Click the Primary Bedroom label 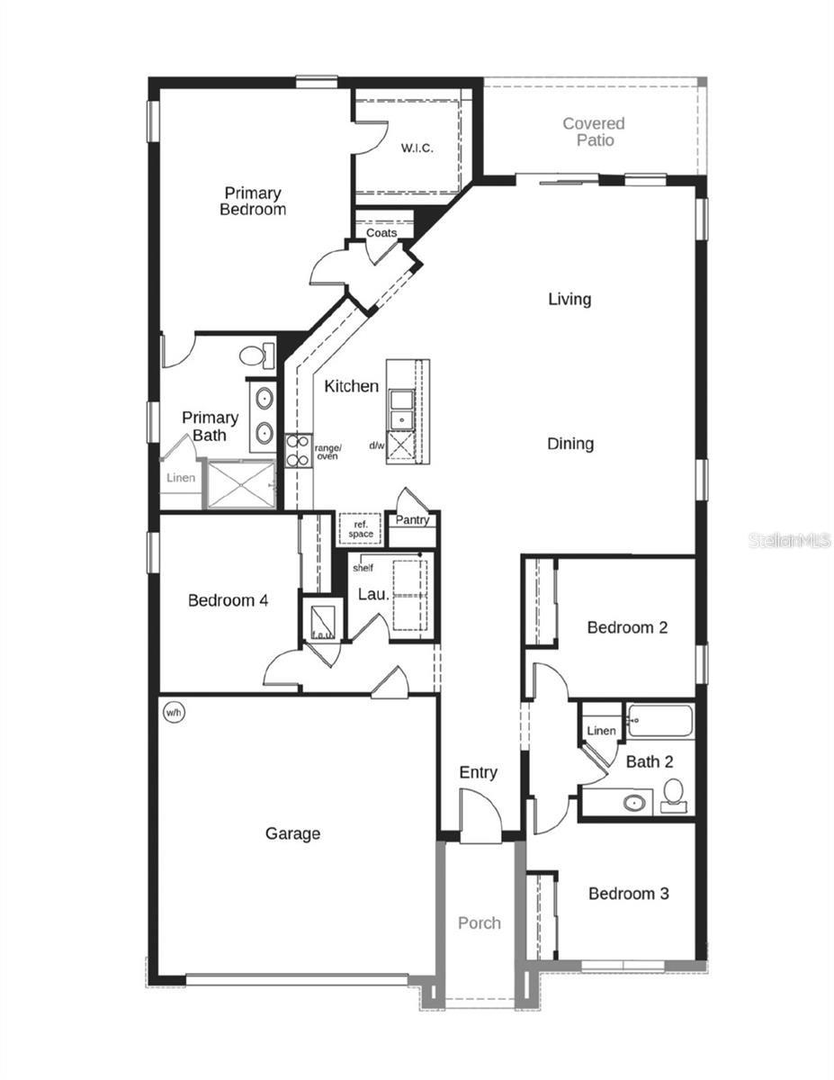(253, 202)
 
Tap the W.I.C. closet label (417, 148)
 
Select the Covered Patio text (594, 131)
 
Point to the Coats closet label (381, 233)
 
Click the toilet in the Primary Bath (255, 355)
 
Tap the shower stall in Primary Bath (240, 484)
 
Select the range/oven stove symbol (298, 450)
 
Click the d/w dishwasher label (377, 445)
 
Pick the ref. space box (361, 529)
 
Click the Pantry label (413, 520)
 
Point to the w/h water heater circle (173, 712)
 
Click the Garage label (292, 834)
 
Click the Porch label (480, 923)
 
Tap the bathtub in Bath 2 (660, 722)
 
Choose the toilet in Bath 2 (673, 794)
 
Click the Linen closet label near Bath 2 (601, 731)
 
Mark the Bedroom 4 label (228, 600)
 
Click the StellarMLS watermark (790, 541)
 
